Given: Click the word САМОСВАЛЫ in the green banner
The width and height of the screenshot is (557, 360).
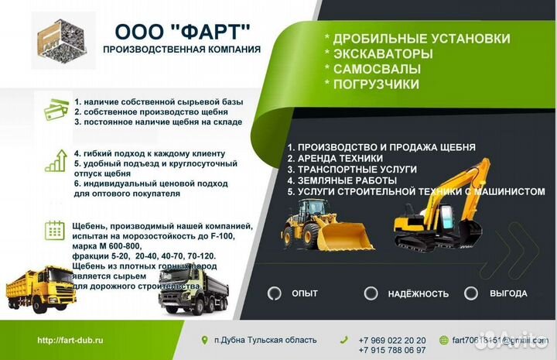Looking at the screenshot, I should tap(373, 69).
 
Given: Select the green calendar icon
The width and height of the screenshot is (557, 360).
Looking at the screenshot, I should tap(55, 229).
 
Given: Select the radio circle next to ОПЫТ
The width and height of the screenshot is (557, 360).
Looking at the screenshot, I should tap(274, 293).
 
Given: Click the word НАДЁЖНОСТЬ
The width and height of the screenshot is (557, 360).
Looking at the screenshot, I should tap(417, 294).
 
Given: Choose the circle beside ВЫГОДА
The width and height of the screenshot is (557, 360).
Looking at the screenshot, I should tap(470, 293).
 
